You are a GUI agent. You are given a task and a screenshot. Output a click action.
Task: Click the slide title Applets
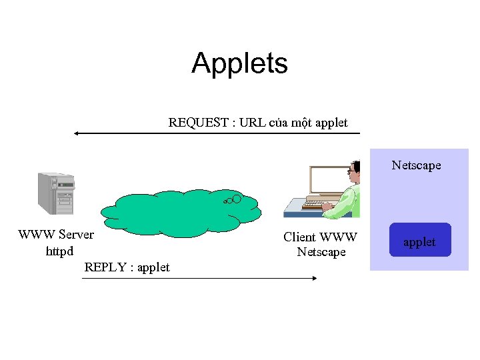coord(239,63)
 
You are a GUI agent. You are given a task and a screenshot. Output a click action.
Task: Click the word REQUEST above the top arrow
coord(195,123)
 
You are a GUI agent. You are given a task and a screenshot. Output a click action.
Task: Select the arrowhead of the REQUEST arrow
coord(77,133)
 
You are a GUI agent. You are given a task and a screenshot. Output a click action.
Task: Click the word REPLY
coord(107,267)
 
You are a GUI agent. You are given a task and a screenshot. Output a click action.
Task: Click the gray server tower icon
coord(56,193)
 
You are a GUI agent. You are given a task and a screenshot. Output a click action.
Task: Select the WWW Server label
coord(56,235)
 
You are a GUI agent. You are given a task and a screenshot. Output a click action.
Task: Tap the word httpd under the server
coord(59,252)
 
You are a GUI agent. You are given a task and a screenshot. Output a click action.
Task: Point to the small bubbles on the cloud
coord(233,199)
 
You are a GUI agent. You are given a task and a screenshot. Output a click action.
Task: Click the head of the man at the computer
coord(354,171)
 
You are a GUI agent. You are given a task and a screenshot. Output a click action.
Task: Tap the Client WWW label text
coord(320,237)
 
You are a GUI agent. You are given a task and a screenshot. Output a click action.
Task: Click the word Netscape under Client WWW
coord(321,252)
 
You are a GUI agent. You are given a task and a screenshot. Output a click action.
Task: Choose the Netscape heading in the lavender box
coord(416,165)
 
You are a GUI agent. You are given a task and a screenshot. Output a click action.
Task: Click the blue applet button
coord(420,240)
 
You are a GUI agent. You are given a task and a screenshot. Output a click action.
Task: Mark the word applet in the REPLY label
coord(153,267)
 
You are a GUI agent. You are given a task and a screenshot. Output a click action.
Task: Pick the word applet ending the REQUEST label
coord(331,123)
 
